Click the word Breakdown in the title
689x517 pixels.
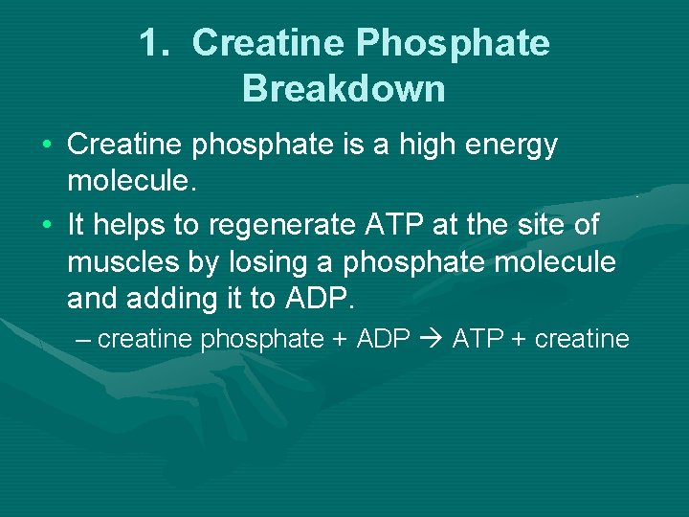344,88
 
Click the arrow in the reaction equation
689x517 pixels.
431,339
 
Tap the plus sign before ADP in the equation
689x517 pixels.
339,339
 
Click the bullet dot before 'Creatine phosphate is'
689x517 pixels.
47,146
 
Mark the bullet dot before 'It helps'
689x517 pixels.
47,225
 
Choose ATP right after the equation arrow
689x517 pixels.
475,339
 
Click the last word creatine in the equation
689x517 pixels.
582,339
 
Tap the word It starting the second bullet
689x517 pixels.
77,225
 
